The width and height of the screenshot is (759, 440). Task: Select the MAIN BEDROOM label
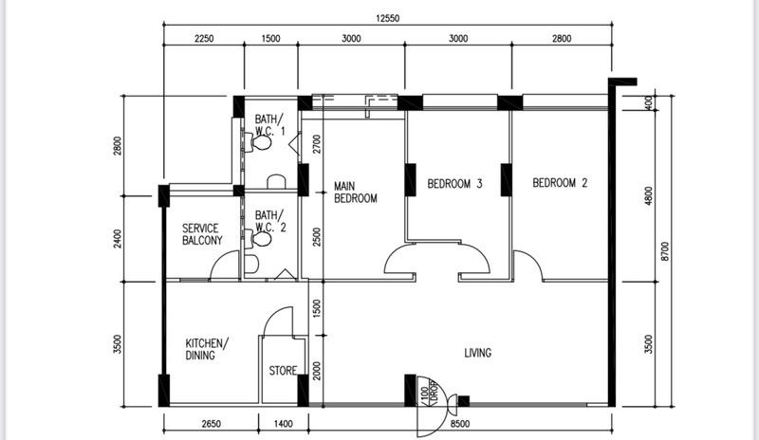[x=355, y=192]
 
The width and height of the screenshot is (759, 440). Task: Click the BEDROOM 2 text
[x=560, y=183]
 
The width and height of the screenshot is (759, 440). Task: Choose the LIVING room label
[x=477, y=354]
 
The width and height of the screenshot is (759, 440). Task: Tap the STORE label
[x=283, y=370]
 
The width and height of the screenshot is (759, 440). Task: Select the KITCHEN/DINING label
[x=207, y=349]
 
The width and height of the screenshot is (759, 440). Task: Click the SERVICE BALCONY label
[x=202, y=234]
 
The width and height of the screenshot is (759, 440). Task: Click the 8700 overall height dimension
[x=666, y=250]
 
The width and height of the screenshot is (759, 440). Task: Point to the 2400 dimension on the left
[x=119, y=238]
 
